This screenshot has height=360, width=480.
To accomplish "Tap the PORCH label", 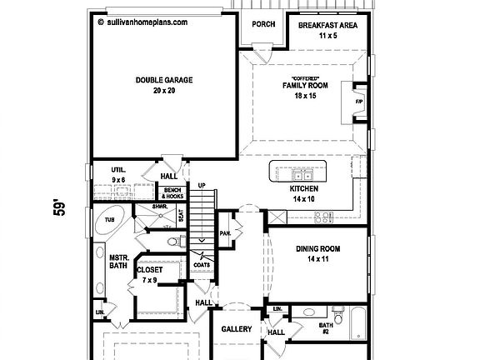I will [263, 24].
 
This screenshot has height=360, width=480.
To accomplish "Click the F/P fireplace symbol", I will [360, 102].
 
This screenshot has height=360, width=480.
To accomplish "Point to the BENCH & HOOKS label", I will [172, 193].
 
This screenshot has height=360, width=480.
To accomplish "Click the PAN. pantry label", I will [224, 233].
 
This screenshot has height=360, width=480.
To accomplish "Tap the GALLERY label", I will [236, 330].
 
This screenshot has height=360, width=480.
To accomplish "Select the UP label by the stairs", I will [201, 185].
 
